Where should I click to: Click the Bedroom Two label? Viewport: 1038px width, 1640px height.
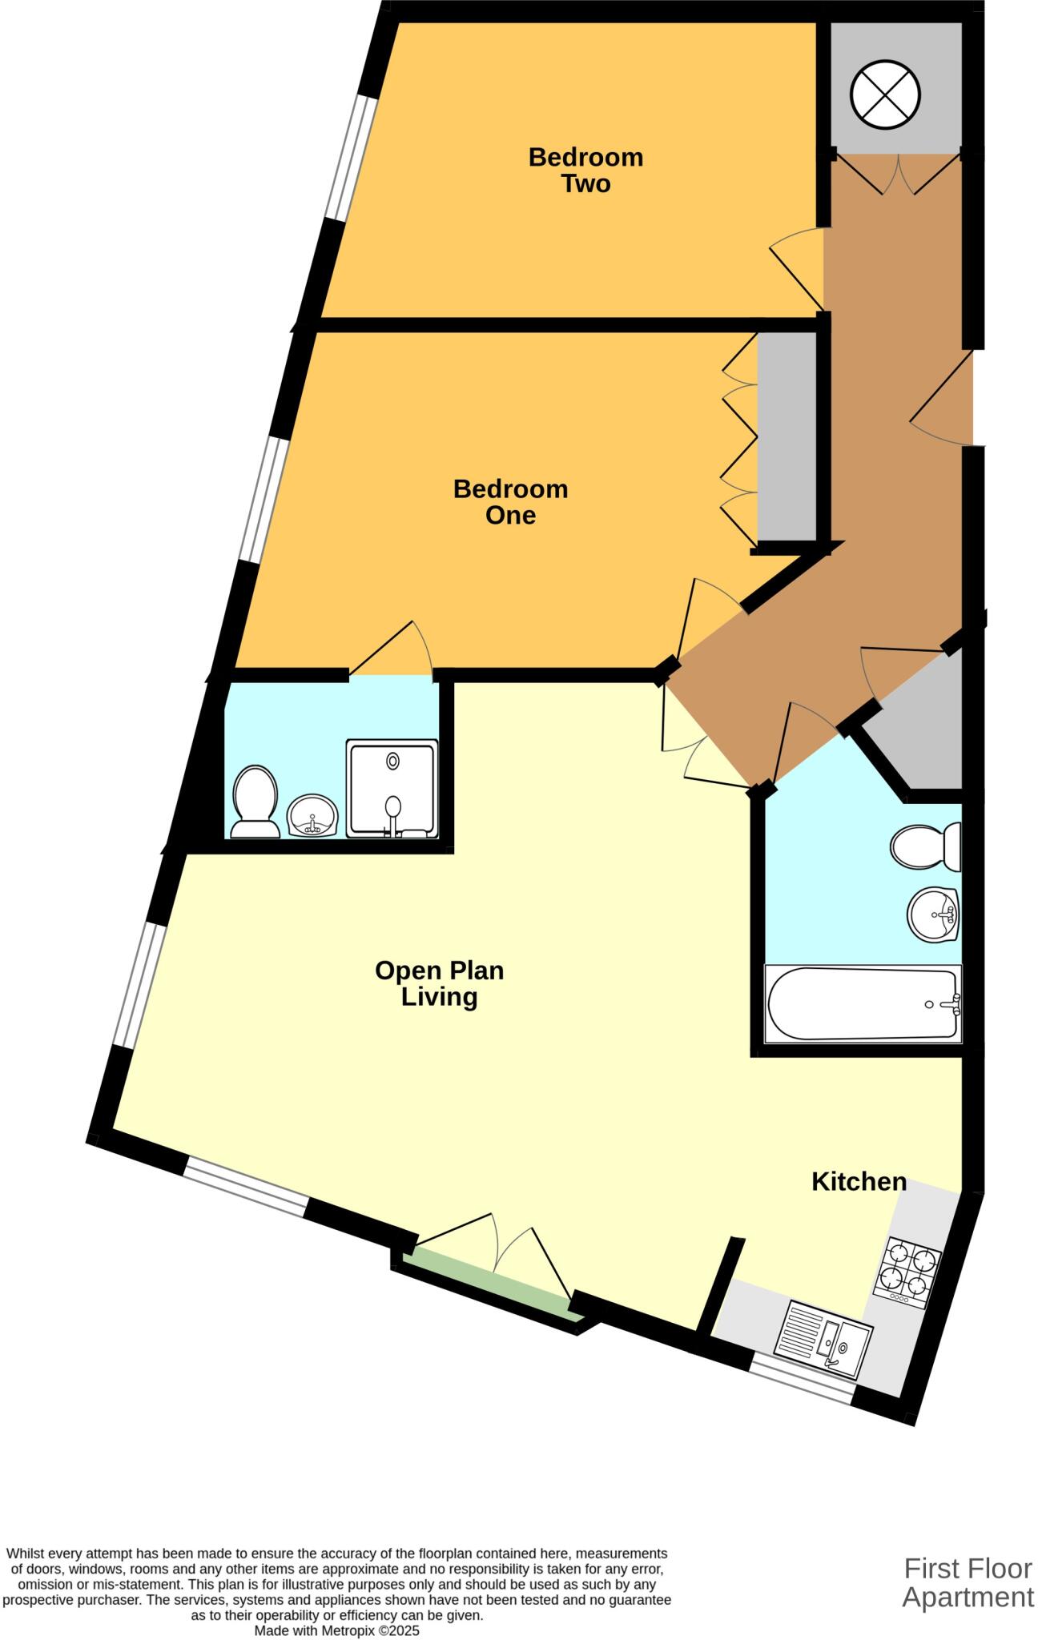(585, 170)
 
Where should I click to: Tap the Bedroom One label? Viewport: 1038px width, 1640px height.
(510, 501)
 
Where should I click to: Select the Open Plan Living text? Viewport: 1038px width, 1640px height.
(439, 983)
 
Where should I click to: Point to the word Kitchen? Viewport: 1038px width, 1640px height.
(859, 1181)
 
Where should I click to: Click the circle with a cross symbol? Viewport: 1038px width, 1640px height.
(884, 94)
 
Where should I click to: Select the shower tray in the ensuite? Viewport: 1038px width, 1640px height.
(392, 789)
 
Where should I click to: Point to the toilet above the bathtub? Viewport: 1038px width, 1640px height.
(925, 847)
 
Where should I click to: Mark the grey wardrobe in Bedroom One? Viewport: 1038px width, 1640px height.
(787, 436)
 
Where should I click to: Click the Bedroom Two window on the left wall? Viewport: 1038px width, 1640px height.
(350, 159)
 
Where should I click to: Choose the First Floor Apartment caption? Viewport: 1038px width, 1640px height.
(967, 1582)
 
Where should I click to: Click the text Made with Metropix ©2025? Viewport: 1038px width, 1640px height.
(336, 1630)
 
